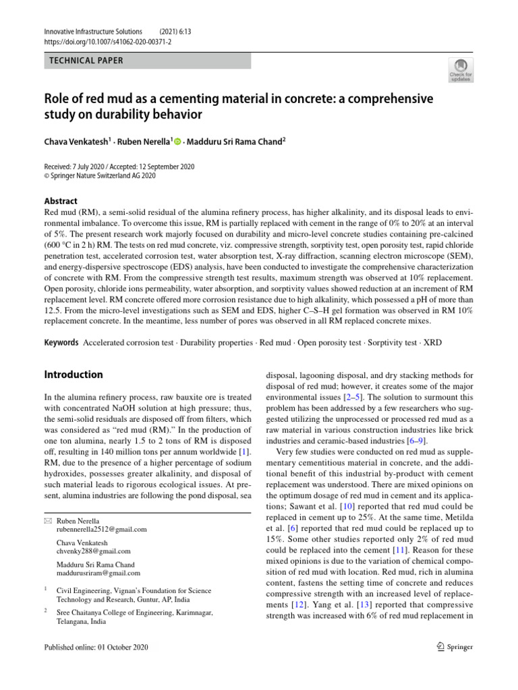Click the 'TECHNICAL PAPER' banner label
[x=87, y=61]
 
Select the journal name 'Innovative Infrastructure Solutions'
[x=93, y=32]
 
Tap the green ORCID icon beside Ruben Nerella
[x=178, y=142]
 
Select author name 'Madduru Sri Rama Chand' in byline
[x=236, y=142]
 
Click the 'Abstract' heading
[x=61, y=201]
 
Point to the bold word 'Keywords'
[x=61, y=342]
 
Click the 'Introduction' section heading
[x=74, y=375]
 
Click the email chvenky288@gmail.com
[x=94, y=551]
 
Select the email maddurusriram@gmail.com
[x=98, y=573]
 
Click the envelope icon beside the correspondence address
[x=47, y=522]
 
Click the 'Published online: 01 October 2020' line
[x=95, y=648]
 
